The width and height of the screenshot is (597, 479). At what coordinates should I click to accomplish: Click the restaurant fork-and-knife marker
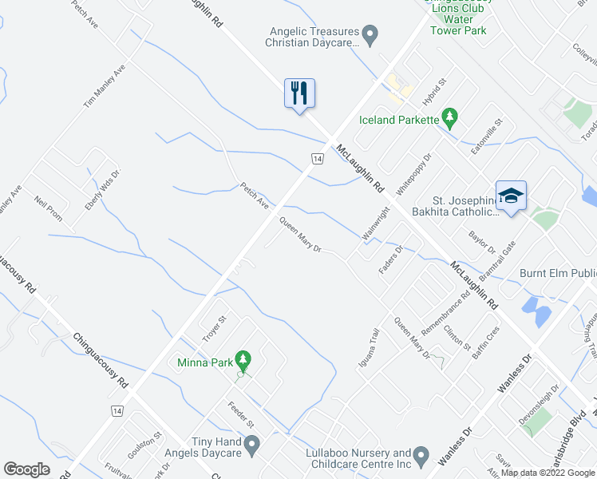point(300,93)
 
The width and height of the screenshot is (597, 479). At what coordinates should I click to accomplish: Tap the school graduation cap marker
point(511,195)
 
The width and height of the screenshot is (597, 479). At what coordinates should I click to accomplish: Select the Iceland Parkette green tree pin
point(450,119)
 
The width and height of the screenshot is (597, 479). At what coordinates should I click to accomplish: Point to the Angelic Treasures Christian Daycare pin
point(370,34)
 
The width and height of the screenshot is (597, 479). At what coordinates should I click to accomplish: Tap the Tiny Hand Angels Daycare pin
point(253,445)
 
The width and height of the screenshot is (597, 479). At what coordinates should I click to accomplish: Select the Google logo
point(27,469)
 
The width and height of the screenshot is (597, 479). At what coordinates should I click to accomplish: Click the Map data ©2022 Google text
point(548,473)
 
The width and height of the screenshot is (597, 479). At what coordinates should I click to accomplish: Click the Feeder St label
point(240,414)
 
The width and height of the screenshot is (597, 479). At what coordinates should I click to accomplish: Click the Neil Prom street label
point(48,210)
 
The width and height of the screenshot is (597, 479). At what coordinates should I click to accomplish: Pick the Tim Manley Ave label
point(105,87)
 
